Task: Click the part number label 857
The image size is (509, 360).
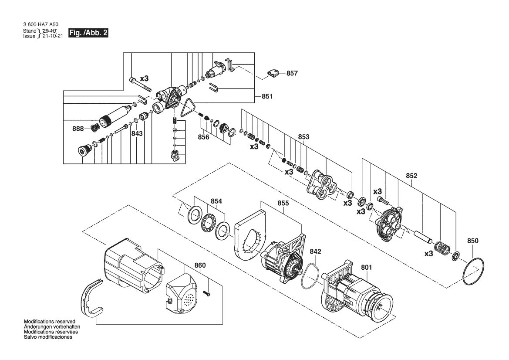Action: point(292,73)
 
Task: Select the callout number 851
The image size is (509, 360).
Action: point(267,96)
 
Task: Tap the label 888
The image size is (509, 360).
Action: point(78,129)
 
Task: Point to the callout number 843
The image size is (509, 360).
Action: point(137,133)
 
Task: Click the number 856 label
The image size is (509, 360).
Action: point(203,137)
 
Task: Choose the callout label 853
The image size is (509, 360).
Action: point(304,137)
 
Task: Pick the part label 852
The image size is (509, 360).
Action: point(411,176)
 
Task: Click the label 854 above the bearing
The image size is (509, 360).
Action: point(216,201)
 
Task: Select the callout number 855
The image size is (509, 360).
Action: point(283,203)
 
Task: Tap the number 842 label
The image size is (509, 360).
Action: point(316,251)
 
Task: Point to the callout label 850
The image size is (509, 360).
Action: point(473,241)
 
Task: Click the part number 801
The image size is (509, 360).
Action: point(367,268)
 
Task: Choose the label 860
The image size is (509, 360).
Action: point(200,265)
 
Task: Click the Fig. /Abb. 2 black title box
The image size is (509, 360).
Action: point(88,33)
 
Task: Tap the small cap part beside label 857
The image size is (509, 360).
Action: point(273,73)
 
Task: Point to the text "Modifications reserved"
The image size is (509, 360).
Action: point(50,322)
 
